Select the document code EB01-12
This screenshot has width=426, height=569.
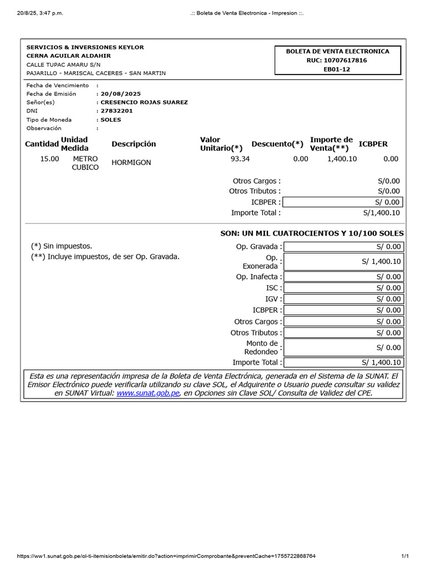click(x=337, y=69)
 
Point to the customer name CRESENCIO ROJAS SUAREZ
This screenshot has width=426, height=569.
click(x=144, y=102)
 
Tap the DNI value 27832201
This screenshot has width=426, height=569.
click(x=116, y=111)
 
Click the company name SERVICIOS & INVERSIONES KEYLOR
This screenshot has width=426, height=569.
click(x=85, y=47)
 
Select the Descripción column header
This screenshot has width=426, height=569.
click(x=134, y=144)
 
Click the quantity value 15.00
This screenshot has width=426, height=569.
click(x=49, y=159)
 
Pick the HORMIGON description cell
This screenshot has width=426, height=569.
click(x=131, y=162)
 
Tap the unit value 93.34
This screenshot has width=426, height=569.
click(x=240, y=159)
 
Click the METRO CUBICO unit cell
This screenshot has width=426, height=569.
click(x=85, y=163)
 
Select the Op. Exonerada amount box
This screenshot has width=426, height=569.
click(x=343, y=261)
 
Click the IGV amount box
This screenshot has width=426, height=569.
click(x=343, y=299)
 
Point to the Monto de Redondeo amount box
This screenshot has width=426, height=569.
click(x=343, y=347)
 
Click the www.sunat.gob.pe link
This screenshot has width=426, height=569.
click(x=148, y=393)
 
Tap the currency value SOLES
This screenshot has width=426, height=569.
click(x=111, y=119)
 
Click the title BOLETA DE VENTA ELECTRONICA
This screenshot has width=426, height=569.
click(x=337, y=51)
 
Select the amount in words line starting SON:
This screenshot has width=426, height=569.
click(x=312, y=233)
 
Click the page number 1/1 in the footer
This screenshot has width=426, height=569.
click(x=405, y=556)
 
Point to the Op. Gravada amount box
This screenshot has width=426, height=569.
click(x=343, y=247)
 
